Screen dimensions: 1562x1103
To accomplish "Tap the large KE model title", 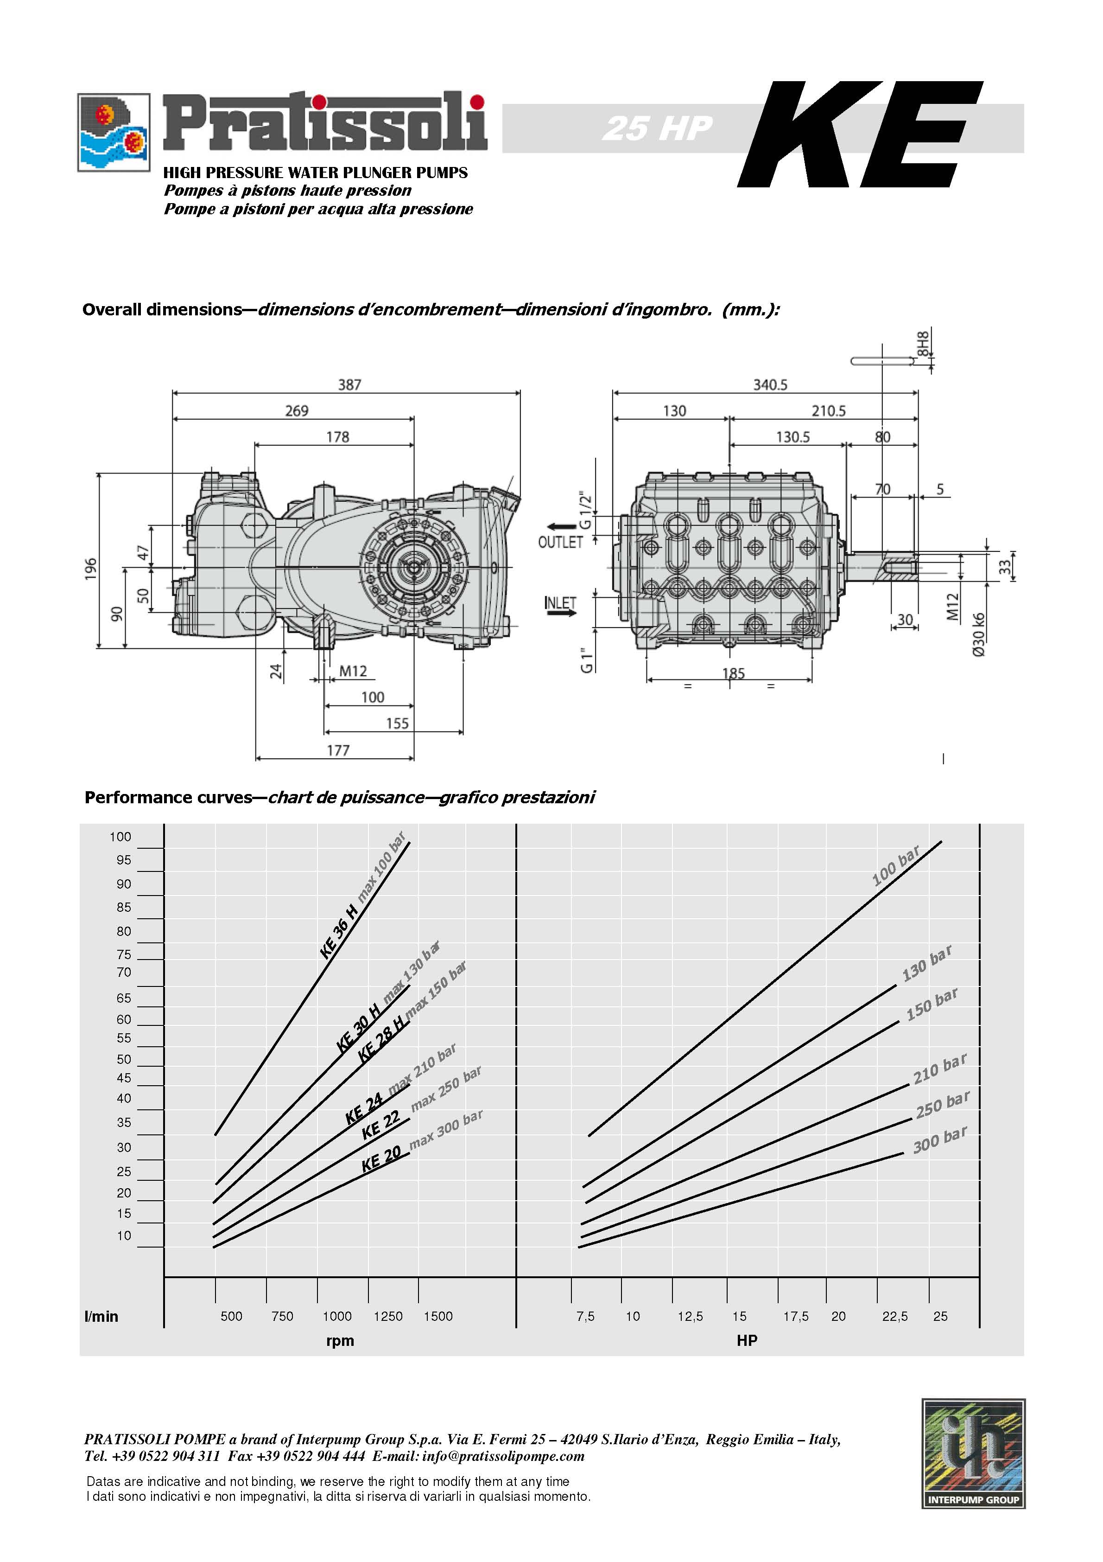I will (x=860, y=134).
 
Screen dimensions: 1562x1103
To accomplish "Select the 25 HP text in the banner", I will (x=657, y=128).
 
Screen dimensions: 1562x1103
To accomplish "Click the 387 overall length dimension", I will (x=349, y=385).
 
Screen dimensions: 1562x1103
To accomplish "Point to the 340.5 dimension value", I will (x=770, y=385).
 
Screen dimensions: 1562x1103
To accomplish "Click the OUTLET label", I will (x=560, y=542).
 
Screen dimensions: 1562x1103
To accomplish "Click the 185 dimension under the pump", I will (x=733, y=673).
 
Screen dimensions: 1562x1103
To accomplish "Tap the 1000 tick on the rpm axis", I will (x=337, y=1316).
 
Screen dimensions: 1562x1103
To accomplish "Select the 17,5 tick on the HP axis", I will (x=796, y=1316).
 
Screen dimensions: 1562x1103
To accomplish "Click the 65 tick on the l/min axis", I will (x=124, y=998).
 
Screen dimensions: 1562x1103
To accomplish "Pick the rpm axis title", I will (x=340, y=1340).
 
